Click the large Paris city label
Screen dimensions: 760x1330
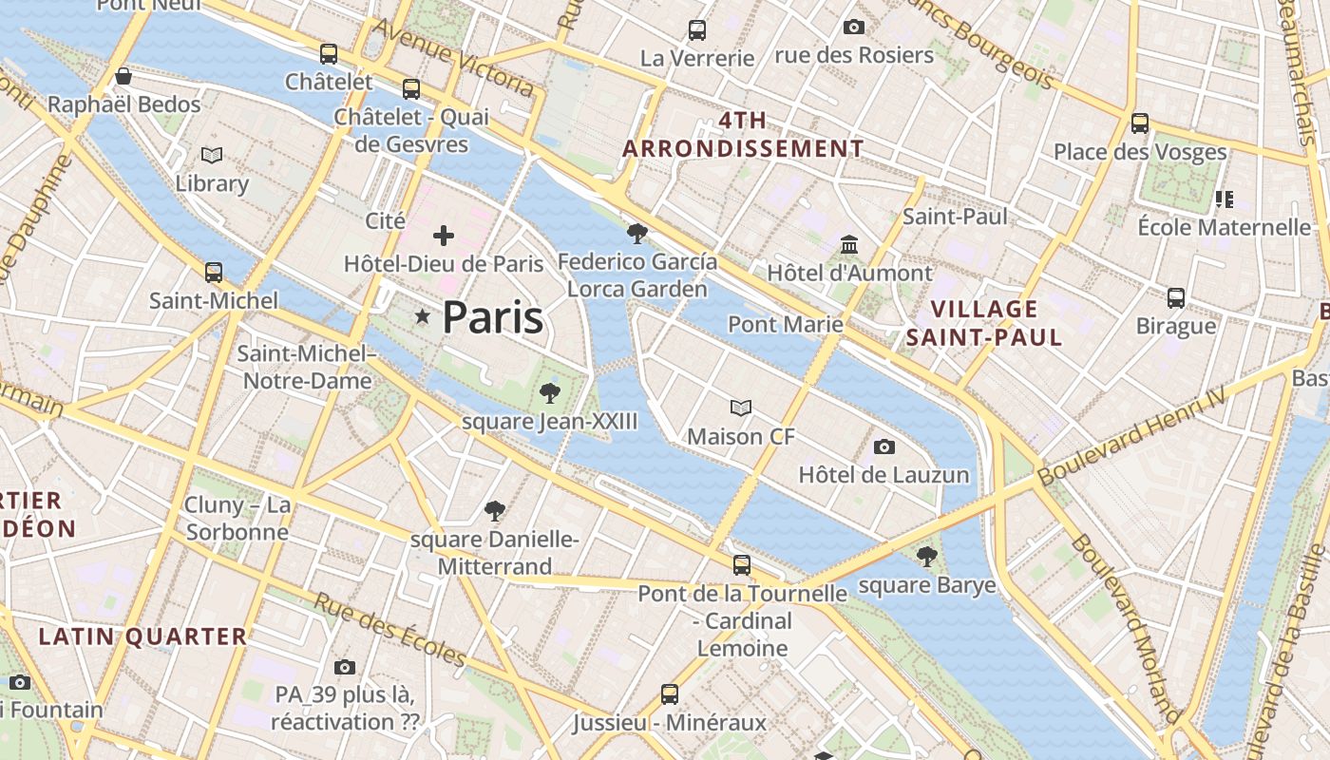(x=492, y=317)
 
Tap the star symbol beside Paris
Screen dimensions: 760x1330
(x=422, y=316)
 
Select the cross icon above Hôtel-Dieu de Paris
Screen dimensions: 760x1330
(x=443, y=236)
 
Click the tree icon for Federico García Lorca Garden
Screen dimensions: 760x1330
(x=637, y=233)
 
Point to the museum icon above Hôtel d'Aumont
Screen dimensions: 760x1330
(x=849, y=246)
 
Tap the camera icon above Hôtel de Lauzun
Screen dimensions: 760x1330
(x=883, y=446)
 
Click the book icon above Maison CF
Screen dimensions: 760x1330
(x=741, y=408)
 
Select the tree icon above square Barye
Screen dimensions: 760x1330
(x=926, y=557)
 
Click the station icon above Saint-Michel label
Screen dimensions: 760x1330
(x=214, y=273)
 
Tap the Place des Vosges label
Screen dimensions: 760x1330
(x=1140, y=152)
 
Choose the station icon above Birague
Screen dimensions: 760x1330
(x=1176, y=298)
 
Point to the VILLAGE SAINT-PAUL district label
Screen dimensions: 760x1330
(x=984, y=323)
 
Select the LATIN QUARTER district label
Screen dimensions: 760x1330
(x=142, y=636)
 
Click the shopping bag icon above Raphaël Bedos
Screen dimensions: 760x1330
(x=123, y=76)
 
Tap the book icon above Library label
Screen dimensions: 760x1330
(x=212, y=155)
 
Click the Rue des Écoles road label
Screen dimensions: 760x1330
(x=390, y=631)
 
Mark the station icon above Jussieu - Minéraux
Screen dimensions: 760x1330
(x=670, y=693)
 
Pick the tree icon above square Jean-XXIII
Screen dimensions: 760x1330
(x=549, y=392)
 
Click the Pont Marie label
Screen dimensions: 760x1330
(x=786, y=325)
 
